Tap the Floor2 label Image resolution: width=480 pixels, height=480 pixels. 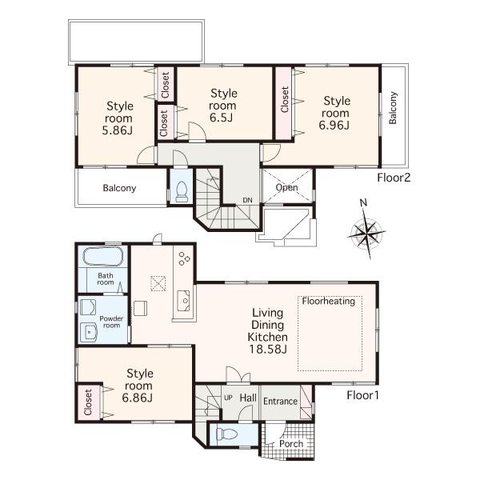click(x=394, y=178)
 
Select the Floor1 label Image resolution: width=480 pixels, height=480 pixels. click(x=363, y=395)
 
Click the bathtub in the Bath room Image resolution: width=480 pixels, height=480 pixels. click(x=100, y=259)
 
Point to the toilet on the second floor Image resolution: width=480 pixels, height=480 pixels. click(x=181, y=190)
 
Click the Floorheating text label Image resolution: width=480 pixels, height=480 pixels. click(x=330, y=302)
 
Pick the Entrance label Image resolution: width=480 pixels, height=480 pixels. click(x=280, y=402)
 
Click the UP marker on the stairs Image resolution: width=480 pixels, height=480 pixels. click(x=227, y=398)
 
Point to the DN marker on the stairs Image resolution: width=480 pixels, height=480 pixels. click(x=248, y=201)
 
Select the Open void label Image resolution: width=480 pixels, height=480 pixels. click(x=286, y=188)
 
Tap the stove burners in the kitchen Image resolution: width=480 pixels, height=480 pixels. click(x=184, y=258)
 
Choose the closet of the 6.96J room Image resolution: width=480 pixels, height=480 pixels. click(x=285, y=102)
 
